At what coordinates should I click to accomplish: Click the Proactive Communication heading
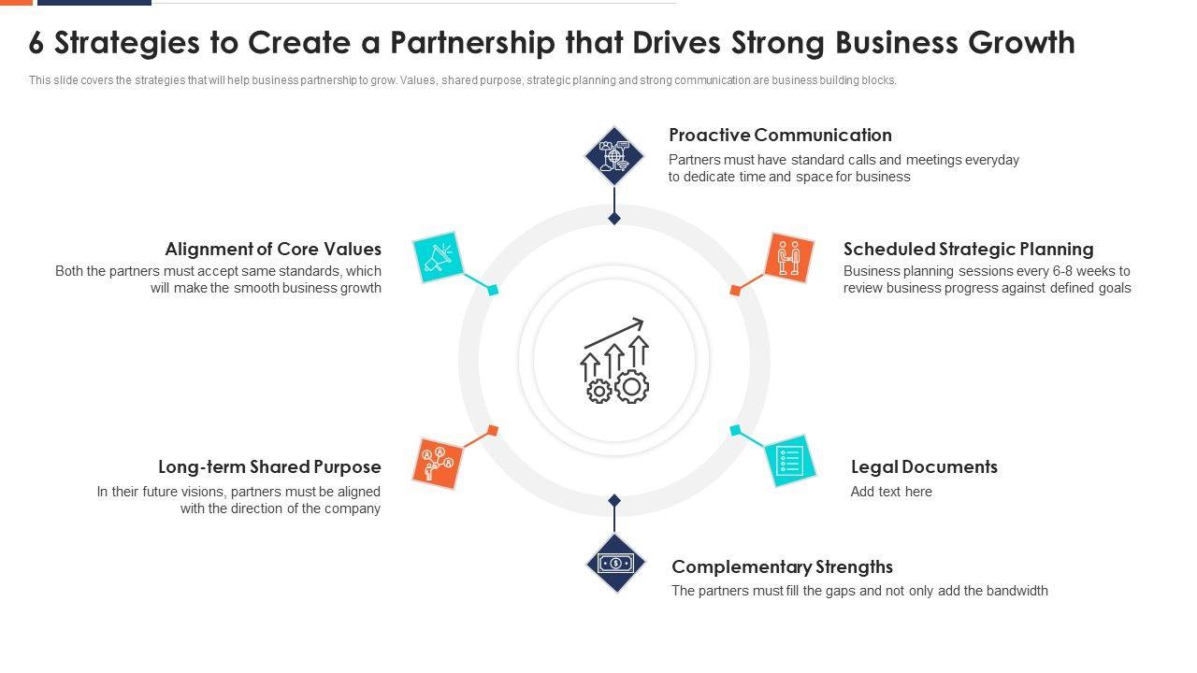pyautogui.click(x=780, y=136)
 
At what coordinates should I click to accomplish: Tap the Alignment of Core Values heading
pyautogui.click(x=273, y=250)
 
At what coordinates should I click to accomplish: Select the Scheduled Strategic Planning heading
pyautogui.click(x=968, y=250)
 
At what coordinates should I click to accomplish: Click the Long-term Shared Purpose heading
pyautogui.click(x=269, y=467)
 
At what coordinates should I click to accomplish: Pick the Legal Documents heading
pyautogui.click(x=924, y=467)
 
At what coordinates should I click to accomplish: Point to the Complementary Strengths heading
pyautogui.click(x=782, y=567)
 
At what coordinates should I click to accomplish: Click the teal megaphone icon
pyautogui.click(x=439, y=257)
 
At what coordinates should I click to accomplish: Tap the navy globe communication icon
pyautogui.click(x=614, y=155)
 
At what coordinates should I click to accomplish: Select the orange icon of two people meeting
pyautogui.click(x=789, y=257)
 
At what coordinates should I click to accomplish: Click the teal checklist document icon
pyautogui.click(x=790, y=460)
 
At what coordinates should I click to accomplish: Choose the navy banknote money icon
pyautogui.click(x=615, y=564)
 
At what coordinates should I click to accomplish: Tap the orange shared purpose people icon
pyautogui.click(x=438, y=463)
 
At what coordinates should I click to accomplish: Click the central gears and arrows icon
pyautogui.click(x=614, y=361)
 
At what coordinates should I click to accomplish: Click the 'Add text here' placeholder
pyautogui.click(x=891, y=492)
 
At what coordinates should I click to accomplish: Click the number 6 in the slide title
pyautogui.click(x=36, y=43)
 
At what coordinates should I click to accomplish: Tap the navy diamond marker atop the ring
pyautogui.click(x=614, y=219)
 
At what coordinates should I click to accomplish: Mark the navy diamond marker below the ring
pyautogui.click(x=614, y=501)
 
